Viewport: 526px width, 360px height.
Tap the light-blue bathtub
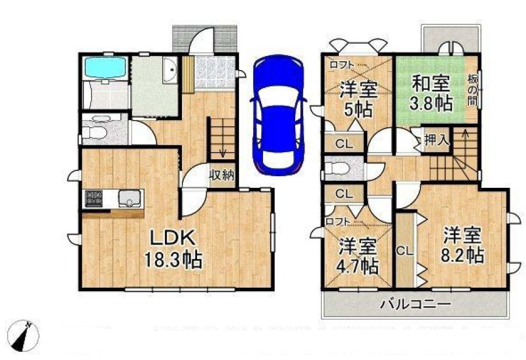coord(106,68)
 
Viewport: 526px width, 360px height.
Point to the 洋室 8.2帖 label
coord(462,245)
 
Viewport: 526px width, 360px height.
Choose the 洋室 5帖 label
coord(358,99)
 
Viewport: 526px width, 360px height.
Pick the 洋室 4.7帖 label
coord(357,256)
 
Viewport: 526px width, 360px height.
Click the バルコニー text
coord(415,305)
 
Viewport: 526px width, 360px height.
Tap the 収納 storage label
coord(222,174)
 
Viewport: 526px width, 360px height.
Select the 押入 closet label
coord(436,140)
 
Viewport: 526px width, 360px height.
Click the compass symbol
coord(23,336)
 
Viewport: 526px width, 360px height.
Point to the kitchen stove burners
coord(93,198)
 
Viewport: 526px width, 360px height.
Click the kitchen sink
coord(131,198)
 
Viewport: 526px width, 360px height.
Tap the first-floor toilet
coord(94,130)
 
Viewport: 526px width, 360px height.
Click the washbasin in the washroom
coord(170,70)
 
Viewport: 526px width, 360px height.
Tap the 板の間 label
coord(472,90)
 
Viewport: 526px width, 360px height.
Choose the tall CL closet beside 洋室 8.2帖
coord(405,250)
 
